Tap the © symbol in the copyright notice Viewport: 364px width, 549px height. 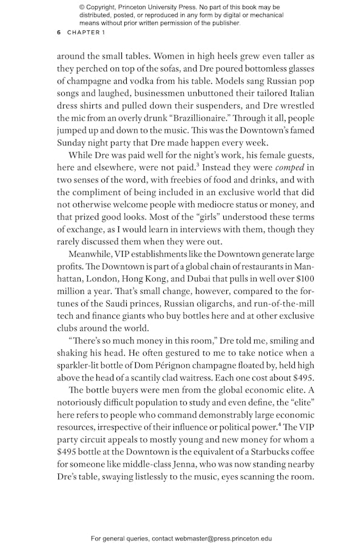(x=81, y=7)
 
